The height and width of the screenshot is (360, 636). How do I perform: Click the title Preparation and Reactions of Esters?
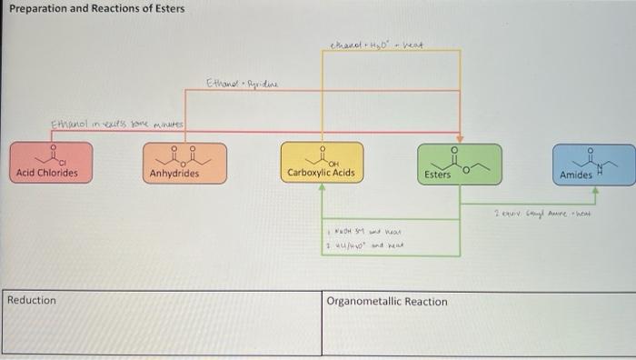(95, 9)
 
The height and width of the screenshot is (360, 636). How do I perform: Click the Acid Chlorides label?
(47, 173)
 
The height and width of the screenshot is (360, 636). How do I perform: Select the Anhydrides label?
(174, 173)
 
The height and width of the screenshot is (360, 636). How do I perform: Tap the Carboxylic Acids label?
(321, 172)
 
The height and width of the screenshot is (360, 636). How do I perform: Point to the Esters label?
(437, 174)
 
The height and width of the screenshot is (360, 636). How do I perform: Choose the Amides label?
(576, 174)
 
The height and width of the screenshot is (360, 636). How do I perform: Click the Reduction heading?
(31, 300)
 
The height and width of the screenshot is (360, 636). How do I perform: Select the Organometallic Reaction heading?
(387, 301)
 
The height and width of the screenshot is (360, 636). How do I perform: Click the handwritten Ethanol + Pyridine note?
(243, 84)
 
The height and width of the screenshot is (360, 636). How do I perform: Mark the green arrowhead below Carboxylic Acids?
(322, 188)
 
